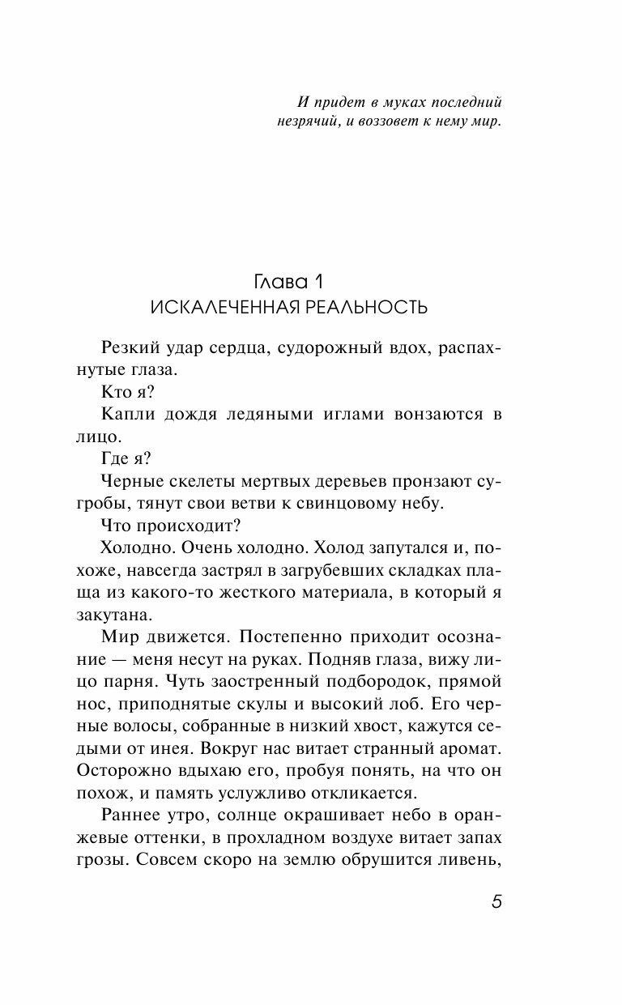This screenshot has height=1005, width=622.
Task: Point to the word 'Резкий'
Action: pyautogui.click(x=130, y=347)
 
